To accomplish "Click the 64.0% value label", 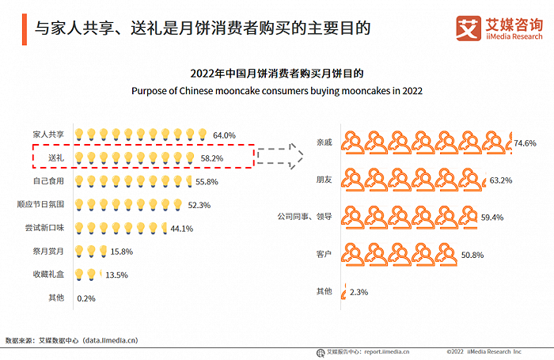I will [x=225, y=135].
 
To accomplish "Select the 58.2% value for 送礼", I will [x=211, y=158].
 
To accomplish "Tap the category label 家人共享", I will [x=49, y=135].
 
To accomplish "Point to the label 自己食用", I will [x=49, y=181].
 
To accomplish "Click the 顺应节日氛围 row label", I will [x=41, y=204].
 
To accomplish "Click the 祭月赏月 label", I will [x=49, y=252].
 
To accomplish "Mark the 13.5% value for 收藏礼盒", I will [x=116, y=275].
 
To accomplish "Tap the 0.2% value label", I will [x=86, y=298].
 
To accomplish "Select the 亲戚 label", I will [x=324, y=143].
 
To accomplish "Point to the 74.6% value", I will [x=526, y=143].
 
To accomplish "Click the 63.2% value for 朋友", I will [x=501, y=180].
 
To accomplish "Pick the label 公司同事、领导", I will [x=304, y=216].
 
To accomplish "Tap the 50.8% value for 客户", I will [x=472, y=255].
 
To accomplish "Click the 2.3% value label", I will [x=359, y=292].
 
